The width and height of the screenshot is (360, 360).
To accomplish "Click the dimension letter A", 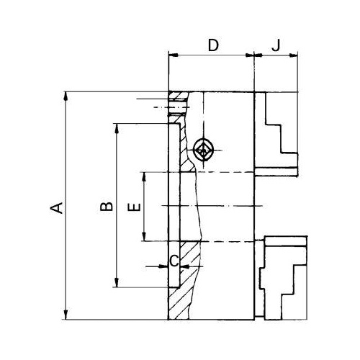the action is coord(57,208).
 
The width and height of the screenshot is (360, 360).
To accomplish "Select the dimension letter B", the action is coord(107,206).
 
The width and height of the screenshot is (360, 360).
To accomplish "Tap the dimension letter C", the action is coord(174,261).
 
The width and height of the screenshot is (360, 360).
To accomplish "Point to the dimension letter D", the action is coord(213,45).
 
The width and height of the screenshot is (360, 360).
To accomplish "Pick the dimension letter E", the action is coord(135,207).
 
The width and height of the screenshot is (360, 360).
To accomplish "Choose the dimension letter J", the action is coord(276,45).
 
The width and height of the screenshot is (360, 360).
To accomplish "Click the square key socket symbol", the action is coord(203,150).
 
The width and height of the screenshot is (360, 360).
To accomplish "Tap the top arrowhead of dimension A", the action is coord(66,96).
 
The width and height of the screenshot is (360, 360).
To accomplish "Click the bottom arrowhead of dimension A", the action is coord(66,315).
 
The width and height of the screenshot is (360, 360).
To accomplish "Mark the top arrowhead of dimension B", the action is coord(117,128).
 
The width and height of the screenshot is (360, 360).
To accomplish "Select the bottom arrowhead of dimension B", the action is coord(117,282).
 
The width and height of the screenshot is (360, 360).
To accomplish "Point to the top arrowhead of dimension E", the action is coord(144,176).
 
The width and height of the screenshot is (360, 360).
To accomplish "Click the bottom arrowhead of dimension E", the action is coord(144,236).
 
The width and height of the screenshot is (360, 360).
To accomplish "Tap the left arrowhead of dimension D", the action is coord(173,55).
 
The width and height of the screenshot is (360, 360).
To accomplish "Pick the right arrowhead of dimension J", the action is coord(293,55).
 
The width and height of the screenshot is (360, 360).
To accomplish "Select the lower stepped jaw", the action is coord(283,279).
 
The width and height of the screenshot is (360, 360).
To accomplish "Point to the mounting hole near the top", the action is coord(178,107).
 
